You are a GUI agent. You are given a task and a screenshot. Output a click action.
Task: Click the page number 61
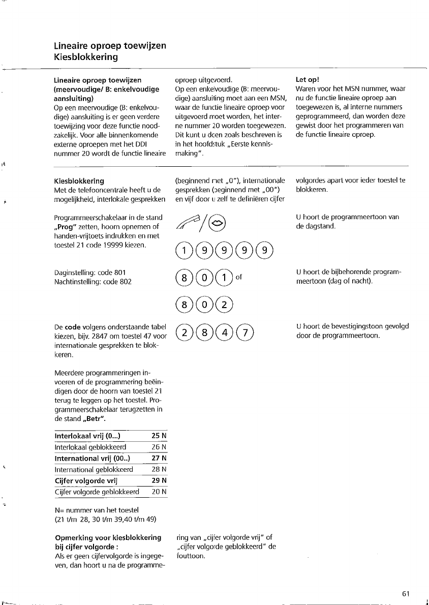coord(406,594)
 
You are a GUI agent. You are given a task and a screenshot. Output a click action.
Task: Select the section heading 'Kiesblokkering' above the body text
coord(79,180)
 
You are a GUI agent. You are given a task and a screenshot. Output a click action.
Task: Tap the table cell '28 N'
coord(159,469)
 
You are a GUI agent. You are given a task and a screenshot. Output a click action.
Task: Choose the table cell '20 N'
coord(159,492)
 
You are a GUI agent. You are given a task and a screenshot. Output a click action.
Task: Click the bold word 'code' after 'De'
coord(73,328)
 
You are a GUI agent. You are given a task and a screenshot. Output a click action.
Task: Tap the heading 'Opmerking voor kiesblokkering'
coord(107,537)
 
